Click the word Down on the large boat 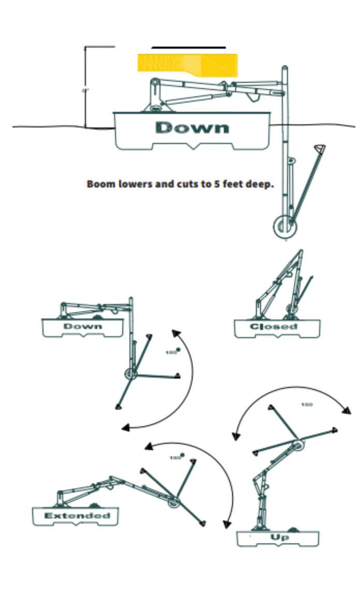192,128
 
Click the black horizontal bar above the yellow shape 189,48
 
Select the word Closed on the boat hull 273,326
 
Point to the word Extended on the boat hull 77,516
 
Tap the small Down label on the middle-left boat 83,326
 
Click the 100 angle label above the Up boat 307,405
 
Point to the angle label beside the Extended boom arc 176,457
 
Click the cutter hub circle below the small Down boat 130,373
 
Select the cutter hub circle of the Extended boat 173,500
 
